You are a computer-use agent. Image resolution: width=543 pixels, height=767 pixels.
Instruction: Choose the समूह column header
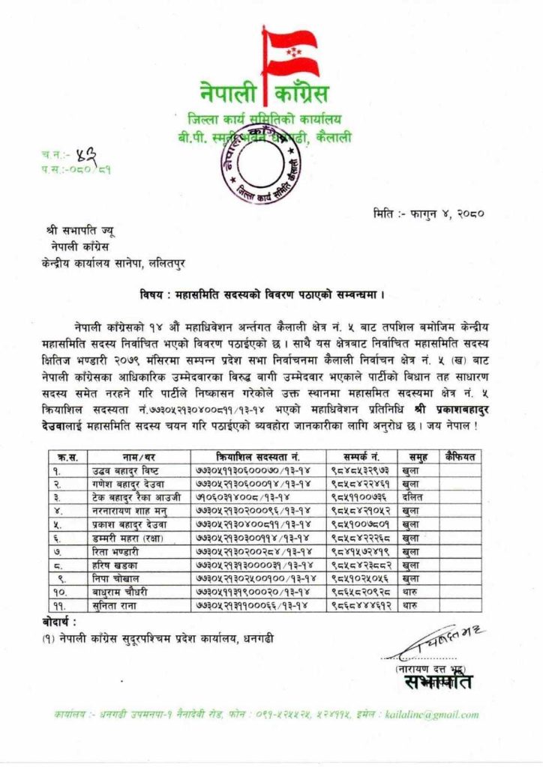pyautogui.click(x=418, y=456)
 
